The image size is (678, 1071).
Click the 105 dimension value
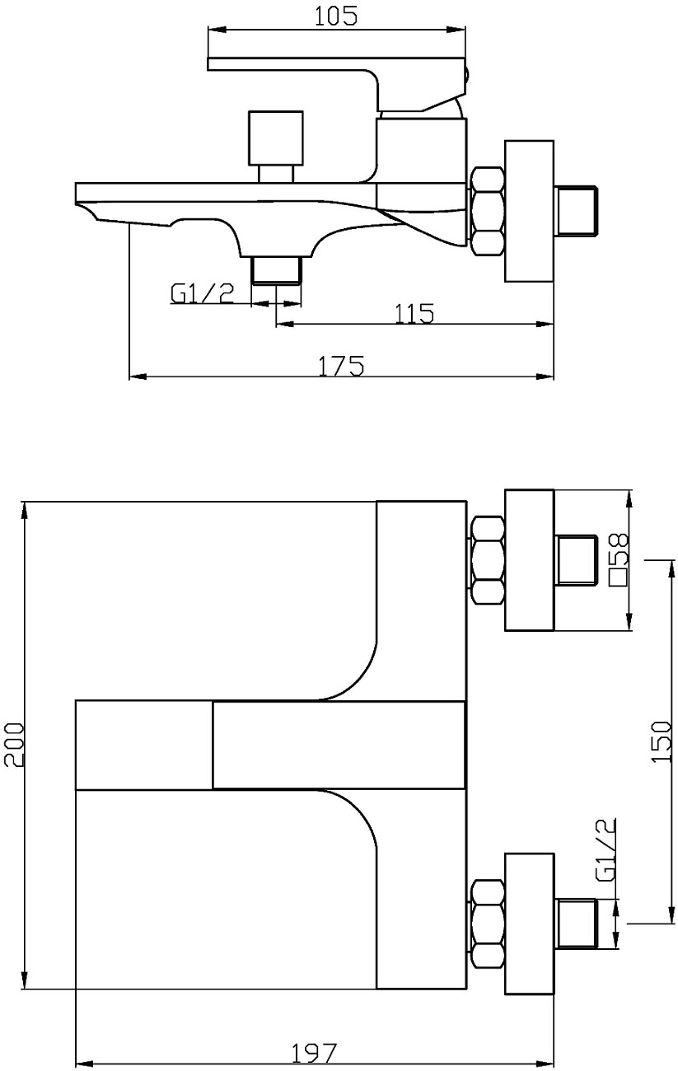coord(336,16)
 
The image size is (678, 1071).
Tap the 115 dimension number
coord(414,314)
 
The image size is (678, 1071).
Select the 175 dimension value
coord(341,366)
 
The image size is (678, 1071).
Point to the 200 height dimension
coord(13,745)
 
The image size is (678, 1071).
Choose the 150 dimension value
coord(662,742)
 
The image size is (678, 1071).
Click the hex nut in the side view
coord(488,211)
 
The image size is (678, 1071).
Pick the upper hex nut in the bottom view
coord(488,560)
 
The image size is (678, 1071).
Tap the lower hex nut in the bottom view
coord(488,924)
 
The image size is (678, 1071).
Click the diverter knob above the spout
coord(276,146)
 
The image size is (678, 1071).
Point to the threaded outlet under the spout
coord(276,270)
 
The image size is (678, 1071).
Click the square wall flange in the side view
coord(529,211)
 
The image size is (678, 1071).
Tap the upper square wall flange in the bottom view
coord(529,560)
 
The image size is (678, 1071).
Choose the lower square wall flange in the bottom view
coord(529,924)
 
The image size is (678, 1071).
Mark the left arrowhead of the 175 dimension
coord(138,376)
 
